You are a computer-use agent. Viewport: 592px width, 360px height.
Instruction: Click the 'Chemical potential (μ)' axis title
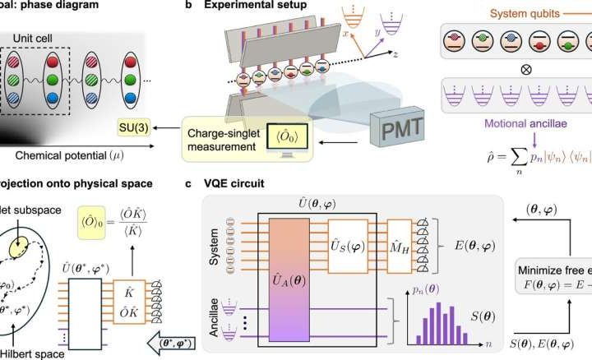coord(61,154)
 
